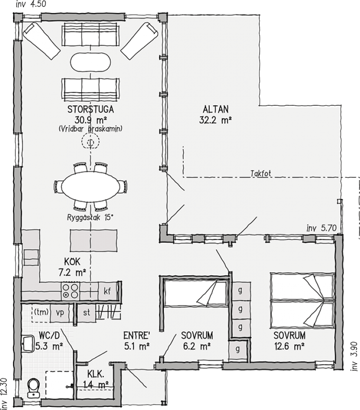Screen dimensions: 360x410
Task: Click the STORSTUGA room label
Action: click(x=91, y=109)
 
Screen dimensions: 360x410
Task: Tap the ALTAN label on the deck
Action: click(x=216, y=109)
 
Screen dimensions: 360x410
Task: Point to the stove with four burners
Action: click(x=70, y=291)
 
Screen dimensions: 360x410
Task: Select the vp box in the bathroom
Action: click(x=59, y=313)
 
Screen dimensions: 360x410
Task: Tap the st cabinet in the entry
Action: click(x=86, y=312)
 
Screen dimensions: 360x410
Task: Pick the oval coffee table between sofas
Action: click(x=90, y=62)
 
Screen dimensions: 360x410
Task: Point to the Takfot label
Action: click(x=261, y=174)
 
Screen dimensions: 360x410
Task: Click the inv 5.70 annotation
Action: click(x=321, y=228)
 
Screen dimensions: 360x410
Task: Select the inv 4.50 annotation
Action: click(x=31, y=5)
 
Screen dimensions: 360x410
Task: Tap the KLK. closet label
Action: click(x=96, y=375)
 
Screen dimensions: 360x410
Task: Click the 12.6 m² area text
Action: click(x=289, y=347)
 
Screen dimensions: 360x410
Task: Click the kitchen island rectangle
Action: click(x=93, y=240)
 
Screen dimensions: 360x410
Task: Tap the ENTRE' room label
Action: click(x=137, y=335)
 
